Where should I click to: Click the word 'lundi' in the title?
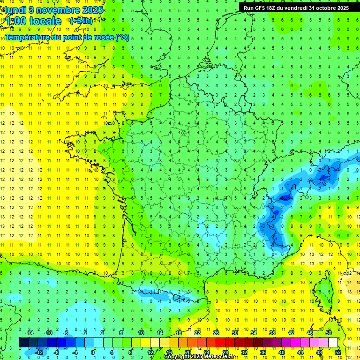14,9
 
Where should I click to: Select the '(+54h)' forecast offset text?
81,21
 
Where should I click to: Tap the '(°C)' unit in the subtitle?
122,37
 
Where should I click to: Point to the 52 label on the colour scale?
338,352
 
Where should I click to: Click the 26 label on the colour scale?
216,333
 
